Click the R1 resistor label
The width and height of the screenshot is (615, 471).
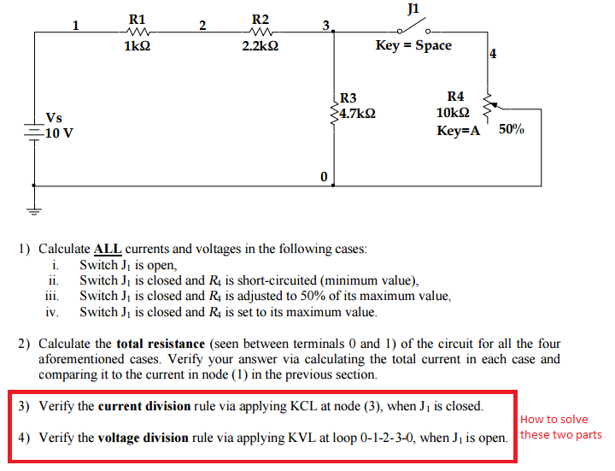pos(137,19)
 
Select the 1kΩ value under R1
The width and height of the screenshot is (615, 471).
pos(137,46)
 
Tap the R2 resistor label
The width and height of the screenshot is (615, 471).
pos(261,19)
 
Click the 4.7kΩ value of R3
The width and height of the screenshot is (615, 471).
pos(357,112)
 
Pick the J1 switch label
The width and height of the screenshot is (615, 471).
pos(414,9)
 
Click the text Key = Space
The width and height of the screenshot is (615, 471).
pos(413,45)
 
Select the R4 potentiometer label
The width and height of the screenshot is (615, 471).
pos(456,97)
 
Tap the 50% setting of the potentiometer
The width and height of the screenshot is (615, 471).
pos(511,130)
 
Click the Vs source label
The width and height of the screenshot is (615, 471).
pos(54,117)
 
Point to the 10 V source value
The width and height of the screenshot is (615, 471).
pos(58,132)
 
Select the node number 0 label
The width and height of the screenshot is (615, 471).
pos(324,176)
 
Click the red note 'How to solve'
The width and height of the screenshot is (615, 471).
pos(553,419)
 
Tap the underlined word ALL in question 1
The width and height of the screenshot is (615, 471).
pos(107,250)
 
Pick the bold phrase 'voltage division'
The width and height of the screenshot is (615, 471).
pos(143,438)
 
